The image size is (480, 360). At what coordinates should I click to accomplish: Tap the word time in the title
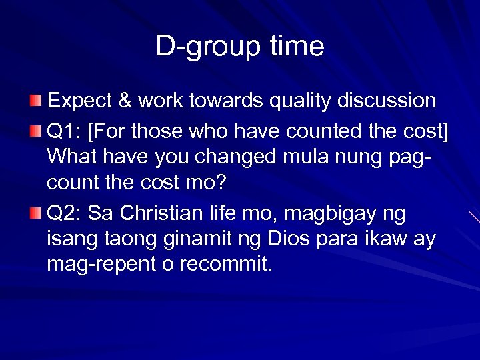(x=297, y=47)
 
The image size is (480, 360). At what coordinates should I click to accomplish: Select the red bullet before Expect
(x=35, y=101)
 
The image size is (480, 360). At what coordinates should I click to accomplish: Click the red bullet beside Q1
(x=35, y=129)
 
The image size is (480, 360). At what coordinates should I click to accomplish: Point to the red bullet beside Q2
(x=35, y=213)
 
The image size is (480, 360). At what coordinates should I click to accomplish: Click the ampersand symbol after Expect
(x=124, y=101)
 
